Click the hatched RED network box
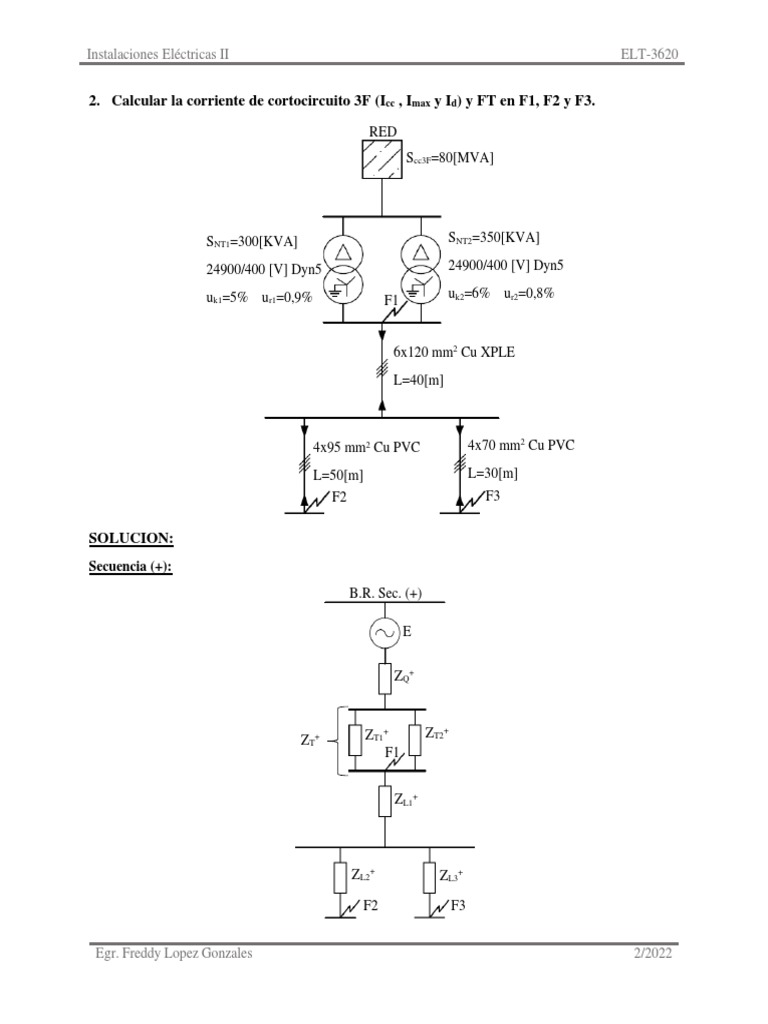pos(382,159)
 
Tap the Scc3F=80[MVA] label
pos(449,158)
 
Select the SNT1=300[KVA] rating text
pos(251,242)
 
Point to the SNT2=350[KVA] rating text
pos(494,238)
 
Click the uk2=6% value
pos(469,294)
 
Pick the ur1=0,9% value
pos(287,298)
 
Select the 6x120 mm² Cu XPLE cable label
pos(454,352)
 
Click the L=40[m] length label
pos(418,380)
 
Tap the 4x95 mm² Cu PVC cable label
pos(366,447)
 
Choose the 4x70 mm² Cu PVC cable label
pos(521,445)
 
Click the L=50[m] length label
pos(338,475)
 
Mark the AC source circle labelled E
pos(385,633)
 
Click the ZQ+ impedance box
pos(385,679)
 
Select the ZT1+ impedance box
pos(355,740)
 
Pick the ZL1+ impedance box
pos(385,801)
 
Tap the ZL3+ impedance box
pos(429,877)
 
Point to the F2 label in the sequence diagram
pos(370,906)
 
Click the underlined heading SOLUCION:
pos(131,539)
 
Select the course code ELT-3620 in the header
pos(650,54)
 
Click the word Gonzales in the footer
pos(227,953)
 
